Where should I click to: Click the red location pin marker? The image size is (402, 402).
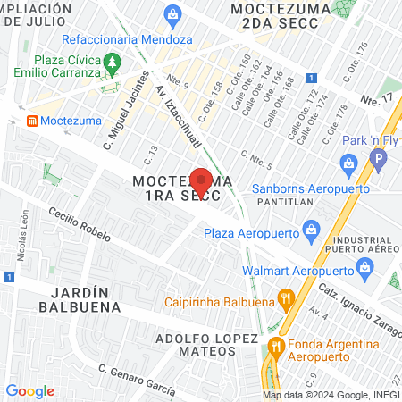click(x=201, y=182)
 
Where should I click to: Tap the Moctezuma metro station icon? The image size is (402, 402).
click(x=33, y=120)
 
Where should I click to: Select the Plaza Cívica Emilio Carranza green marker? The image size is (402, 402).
click(x=112, y=63)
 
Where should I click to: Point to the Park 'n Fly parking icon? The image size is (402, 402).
click(x=379, y=161)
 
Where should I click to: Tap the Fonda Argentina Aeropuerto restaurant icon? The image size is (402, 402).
click(x=276, y=348)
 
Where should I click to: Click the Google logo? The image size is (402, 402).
click(x=29, y=391)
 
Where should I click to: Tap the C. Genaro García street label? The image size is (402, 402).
click(x=136, y=379)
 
